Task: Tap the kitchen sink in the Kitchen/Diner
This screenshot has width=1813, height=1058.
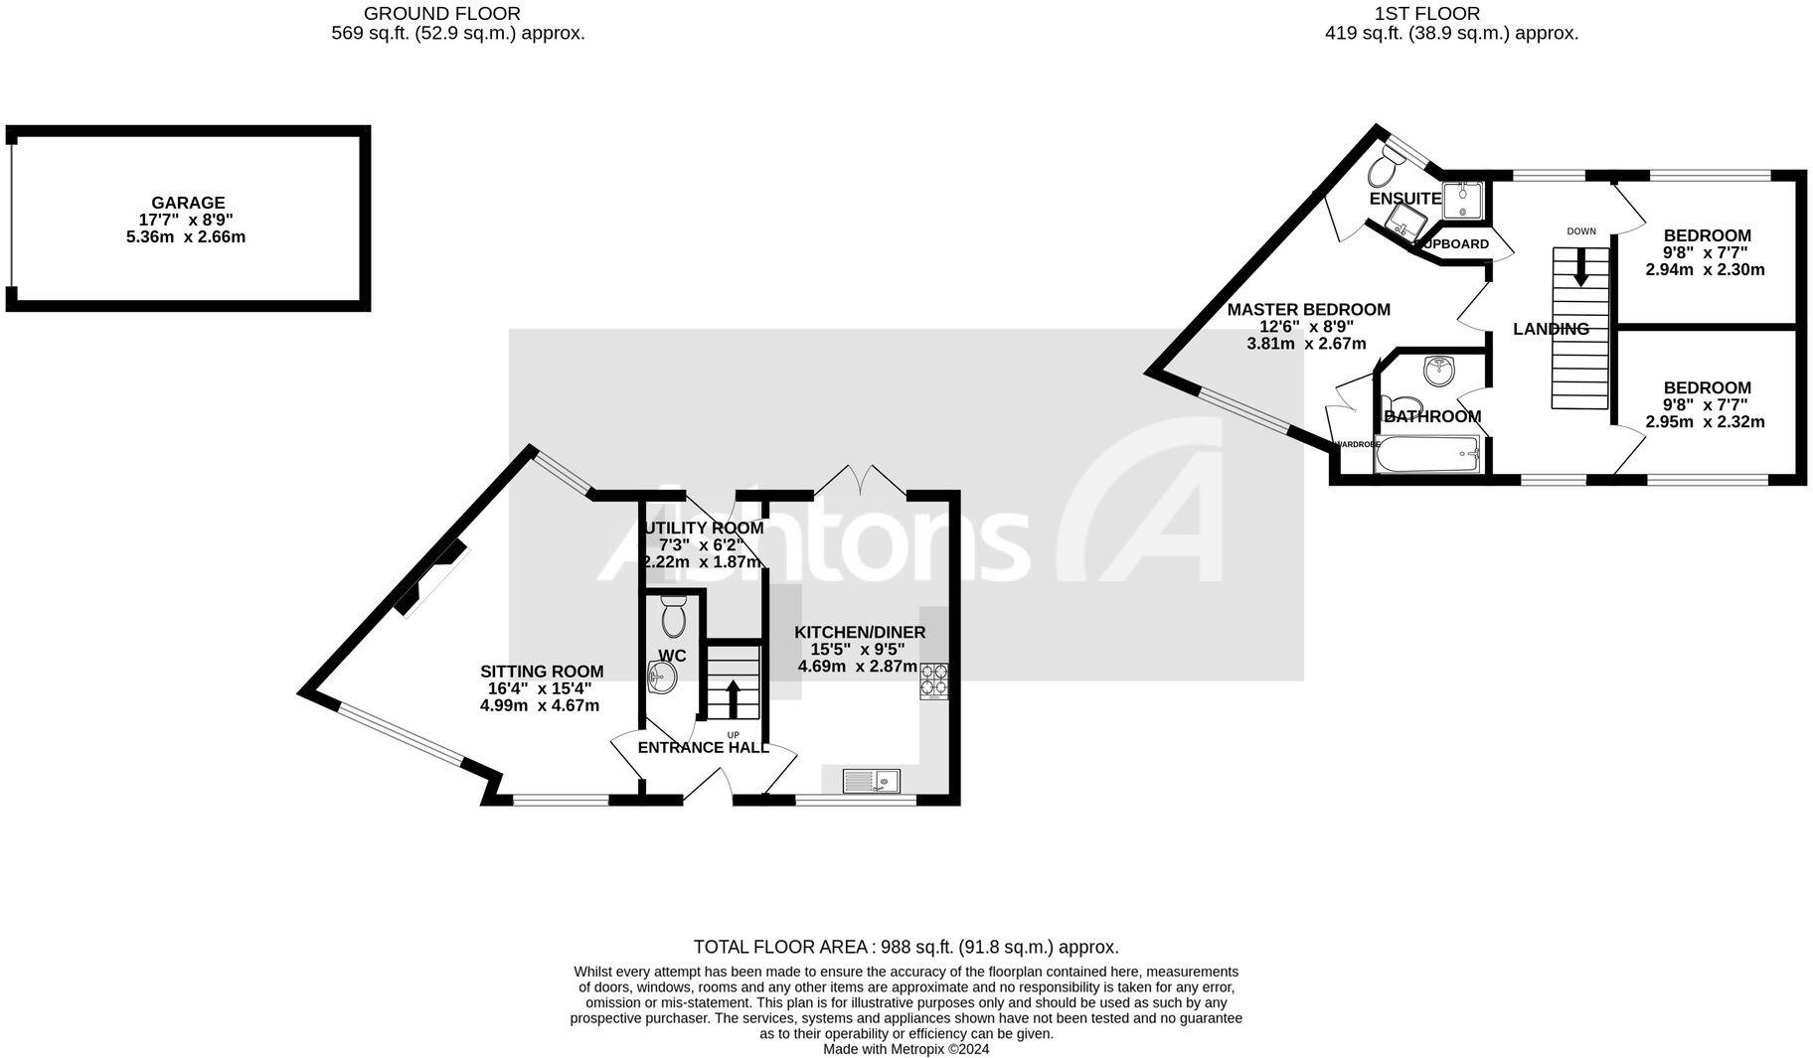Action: point(871,782)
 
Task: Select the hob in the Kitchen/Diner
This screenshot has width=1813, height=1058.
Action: point(933,680)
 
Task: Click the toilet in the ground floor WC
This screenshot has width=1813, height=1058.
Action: point(673,618)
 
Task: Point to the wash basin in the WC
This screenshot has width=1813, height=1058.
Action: point(662,680)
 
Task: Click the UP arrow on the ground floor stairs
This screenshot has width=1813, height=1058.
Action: point(734,698)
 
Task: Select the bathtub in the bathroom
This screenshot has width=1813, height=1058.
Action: point(1428,457)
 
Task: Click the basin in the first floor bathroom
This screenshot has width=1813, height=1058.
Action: point(1438,372)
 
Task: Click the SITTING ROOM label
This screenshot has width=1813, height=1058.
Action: point(542,672)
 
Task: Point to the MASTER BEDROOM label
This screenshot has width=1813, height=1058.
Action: point(1308,310)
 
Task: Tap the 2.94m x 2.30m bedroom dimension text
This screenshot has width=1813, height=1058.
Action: point(1706,269)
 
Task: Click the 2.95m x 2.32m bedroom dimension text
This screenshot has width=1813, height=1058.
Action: point(1706,421)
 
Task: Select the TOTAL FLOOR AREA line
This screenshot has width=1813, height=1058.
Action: point(906,947)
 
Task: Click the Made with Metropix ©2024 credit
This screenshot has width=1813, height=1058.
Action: point(906,1049)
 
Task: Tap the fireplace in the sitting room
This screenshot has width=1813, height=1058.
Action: point(431,578)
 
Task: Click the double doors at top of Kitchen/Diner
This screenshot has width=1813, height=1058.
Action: point(860,482)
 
